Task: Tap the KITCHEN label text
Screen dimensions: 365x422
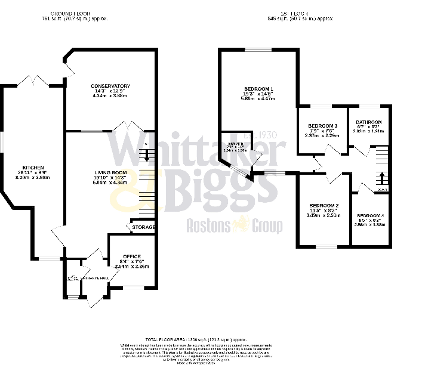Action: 33,168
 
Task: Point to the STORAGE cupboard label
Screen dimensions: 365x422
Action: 143,227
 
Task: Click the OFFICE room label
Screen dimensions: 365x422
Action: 131,256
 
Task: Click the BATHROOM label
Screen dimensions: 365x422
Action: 369,122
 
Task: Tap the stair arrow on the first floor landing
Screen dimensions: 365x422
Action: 382,177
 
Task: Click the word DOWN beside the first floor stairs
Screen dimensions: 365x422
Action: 382,190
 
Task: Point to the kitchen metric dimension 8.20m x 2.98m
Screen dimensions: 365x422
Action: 33,177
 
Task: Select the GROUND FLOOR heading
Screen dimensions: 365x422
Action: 75,13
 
